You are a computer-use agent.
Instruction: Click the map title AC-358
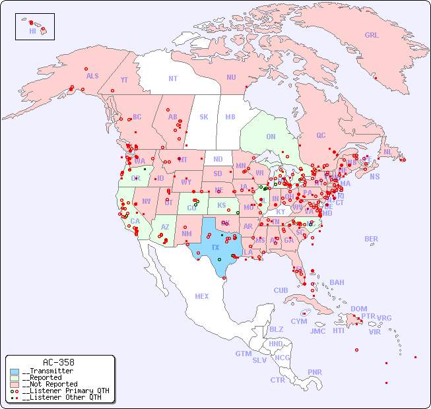(58, 362)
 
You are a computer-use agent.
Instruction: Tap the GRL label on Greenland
(372, 36)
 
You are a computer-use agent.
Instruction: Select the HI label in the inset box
(32, 31)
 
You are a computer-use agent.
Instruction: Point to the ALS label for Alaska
(92, 76)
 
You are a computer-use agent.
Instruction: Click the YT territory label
(124, 80)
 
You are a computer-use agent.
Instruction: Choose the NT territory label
(172, 79)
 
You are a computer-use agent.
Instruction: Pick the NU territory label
(231, 77)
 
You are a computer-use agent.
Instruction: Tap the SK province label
(204, 117)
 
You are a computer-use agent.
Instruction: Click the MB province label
(230, 117)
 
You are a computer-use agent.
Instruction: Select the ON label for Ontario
(271, 137)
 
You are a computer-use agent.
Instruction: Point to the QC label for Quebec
(321, 135)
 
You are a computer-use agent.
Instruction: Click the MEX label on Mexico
(202, 296)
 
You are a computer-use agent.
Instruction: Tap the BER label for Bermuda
(372, 239)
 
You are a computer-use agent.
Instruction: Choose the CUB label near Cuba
(281, 290)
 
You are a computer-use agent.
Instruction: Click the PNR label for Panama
(315, 372)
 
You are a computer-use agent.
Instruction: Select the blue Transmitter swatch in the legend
(15, 371)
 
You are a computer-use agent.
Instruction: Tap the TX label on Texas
(215, 247)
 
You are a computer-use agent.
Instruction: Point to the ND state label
(218, 159)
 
